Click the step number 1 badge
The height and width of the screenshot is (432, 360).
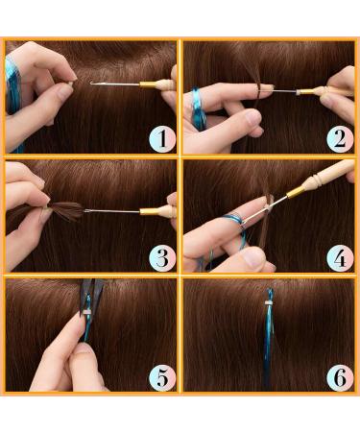point(162,139)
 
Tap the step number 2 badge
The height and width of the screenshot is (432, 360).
point(340,139)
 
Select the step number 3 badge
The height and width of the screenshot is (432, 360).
point(162,258)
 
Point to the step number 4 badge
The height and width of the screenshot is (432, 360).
point(340,258)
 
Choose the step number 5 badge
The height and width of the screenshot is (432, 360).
point(162,377)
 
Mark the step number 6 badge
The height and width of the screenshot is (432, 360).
point(340,377)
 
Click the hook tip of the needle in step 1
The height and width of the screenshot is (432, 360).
point(91,84)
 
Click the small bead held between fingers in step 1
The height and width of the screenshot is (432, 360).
point(71,83)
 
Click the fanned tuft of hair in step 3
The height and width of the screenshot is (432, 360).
point(66,209)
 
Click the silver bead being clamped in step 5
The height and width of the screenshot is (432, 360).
point(86,311)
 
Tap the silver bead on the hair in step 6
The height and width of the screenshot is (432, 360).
point(269,303)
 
